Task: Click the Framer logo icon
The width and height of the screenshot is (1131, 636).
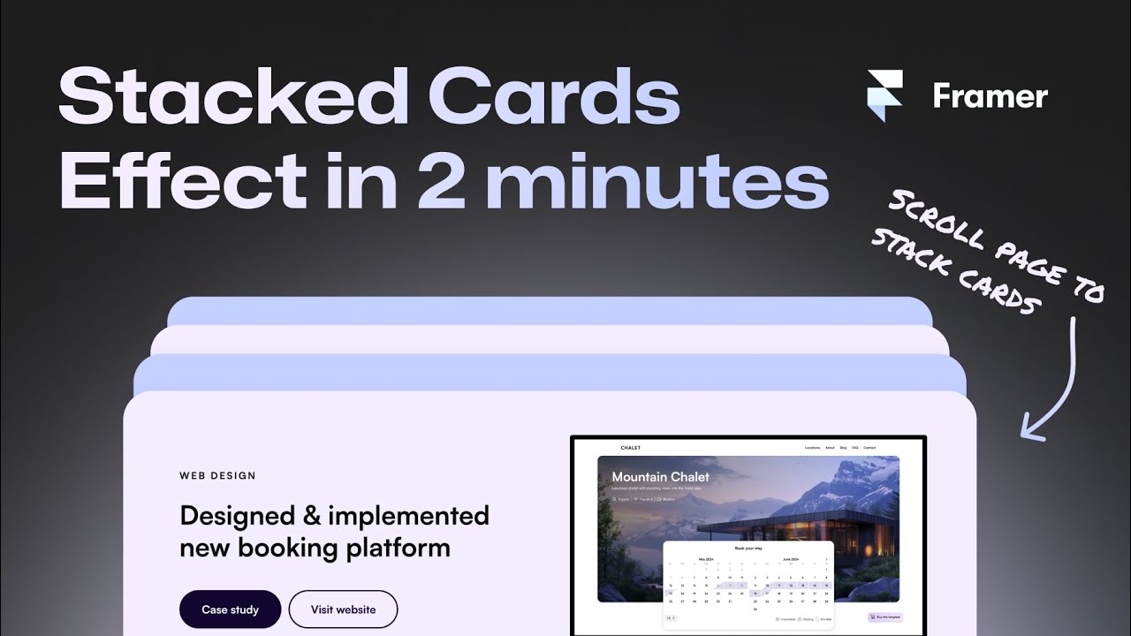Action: point(884,95)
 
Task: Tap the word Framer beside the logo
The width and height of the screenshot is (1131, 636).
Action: point(990,96)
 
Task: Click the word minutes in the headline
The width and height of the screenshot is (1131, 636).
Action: point(657,183)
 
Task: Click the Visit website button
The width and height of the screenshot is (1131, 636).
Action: point(344,609)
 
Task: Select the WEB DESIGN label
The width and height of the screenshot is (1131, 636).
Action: point(217,475)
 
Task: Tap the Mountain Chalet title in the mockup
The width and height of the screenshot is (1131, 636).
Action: point(660,477)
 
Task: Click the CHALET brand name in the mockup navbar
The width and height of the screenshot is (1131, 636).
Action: point(631,448)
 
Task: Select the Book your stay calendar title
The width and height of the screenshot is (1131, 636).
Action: point(748,549)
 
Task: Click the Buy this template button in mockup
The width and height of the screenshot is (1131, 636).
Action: point(885,617)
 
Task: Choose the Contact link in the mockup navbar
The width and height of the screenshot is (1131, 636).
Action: point(869,448)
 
